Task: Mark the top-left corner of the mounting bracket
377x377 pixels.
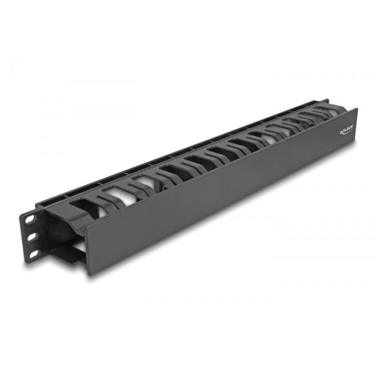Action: click(25, 210)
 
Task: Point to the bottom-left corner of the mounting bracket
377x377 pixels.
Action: click(26, 258)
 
